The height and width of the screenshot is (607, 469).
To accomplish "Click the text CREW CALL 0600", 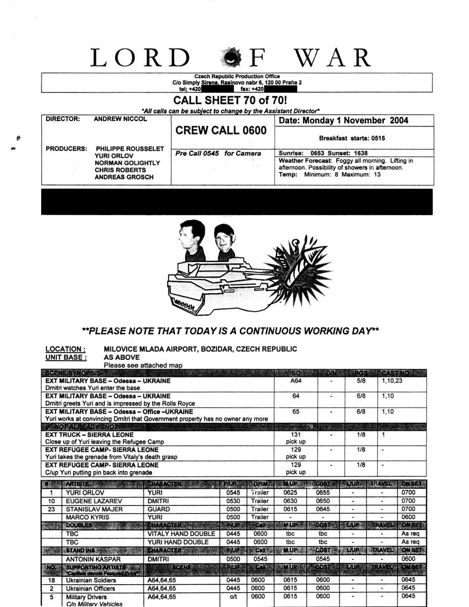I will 221,131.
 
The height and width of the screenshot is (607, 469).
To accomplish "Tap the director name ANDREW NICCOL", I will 120,119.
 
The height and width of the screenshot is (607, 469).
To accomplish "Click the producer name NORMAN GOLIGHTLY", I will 127,163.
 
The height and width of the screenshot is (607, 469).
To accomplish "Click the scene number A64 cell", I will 296,381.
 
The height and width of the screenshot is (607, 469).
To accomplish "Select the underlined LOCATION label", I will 65,349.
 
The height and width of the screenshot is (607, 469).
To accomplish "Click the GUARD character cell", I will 159,509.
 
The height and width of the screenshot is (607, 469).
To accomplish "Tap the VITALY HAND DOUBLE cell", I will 181,534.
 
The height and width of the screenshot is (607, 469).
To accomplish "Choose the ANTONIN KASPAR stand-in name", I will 93,559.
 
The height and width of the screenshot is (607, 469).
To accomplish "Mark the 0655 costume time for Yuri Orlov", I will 323,493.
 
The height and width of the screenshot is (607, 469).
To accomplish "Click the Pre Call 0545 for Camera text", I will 218,153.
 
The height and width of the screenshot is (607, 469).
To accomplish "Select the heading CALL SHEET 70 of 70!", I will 230,100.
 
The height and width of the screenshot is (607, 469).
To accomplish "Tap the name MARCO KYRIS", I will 88,517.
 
